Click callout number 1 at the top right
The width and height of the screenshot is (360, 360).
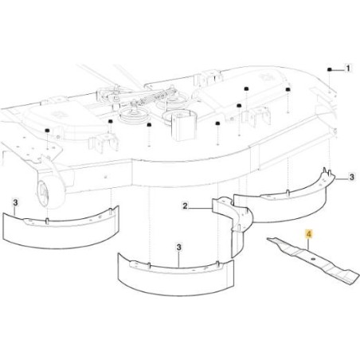click(x=348, y=68)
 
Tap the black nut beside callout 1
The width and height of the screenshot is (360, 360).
click(x=329, y=69)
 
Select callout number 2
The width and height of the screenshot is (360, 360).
click(x=185, y=205)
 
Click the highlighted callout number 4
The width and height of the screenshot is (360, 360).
click(x=309, y=235)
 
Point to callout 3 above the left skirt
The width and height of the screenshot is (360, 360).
click(x=15, y=203)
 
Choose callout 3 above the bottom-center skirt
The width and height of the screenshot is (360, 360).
click(x=179, y=248)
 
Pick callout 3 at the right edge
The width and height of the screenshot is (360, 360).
click(x=351, y=177)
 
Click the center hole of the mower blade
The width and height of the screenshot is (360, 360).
click(x=313, y=259)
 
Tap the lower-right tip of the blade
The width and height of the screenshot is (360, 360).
click(x=358, y=279)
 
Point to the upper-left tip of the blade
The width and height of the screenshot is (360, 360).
click(x=268, y=239)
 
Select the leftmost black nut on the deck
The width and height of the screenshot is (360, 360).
click(x=47, y=131)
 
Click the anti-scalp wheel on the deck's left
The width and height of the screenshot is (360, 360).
click(x=50, y=192)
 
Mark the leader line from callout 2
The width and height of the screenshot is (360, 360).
click(x=201, y=207)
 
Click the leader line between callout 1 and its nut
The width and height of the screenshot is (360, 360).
click(x=338, y=70)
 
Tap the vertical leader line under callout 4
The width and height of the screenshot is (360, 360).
click(x=309, y=244)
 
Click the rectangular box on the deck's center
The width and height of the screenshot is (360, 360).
click(x=182, y=126)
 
